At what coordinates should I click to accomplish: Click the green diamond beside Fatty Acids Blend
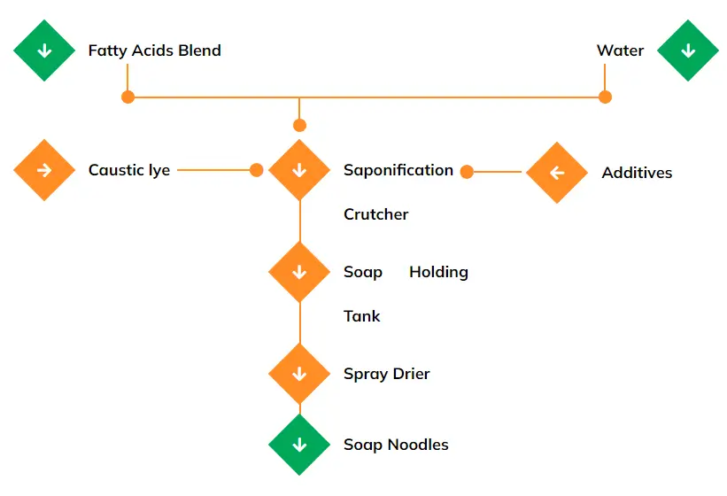[x=44, y=50]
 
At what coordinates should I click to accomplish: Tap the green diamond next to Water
[x=687, y=50]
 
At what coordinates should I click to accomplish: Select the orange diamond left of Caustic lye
[x=44, y=170]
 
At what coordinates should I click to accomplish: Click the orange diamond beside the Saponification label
[x=299, y=170]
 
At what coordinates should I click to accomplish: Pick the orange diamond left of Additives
[x=557, y=173]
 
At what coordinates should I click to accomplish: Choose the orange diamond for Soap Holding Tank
[x=299, y=272]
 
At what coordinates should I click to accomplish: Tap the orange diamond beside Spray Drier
[x=299, y=374]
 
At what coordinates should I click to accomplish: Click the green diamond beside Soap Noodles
[x=299, y=445]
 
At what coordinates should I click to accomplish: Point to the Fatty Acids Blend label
[x=154, y=50]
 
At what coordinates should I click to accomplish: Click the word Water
[x=620, y=50]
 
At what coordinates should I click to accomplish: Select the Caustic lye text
[x=128, y=170]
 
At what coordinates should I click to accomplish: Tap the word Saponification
[x=398, y=170]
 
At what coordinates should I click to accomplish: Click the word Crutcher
[x=375, y=214]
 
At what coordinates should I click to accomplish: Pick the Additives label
[x=637, y=173]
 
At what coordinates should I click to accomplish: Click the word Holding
[x=438, y=272]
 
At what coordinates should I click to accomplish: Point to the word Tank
[x=361, y=316]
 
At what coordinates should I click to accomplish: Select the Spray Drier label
[x=386, y=374]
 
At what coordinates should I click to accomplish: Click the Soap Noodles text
[x=396, y=445]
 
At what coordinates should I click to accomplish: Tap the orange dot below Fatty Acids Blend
[x=128, y=97]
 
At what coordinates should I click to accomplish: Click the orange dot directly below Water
[x=605, y=97]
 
